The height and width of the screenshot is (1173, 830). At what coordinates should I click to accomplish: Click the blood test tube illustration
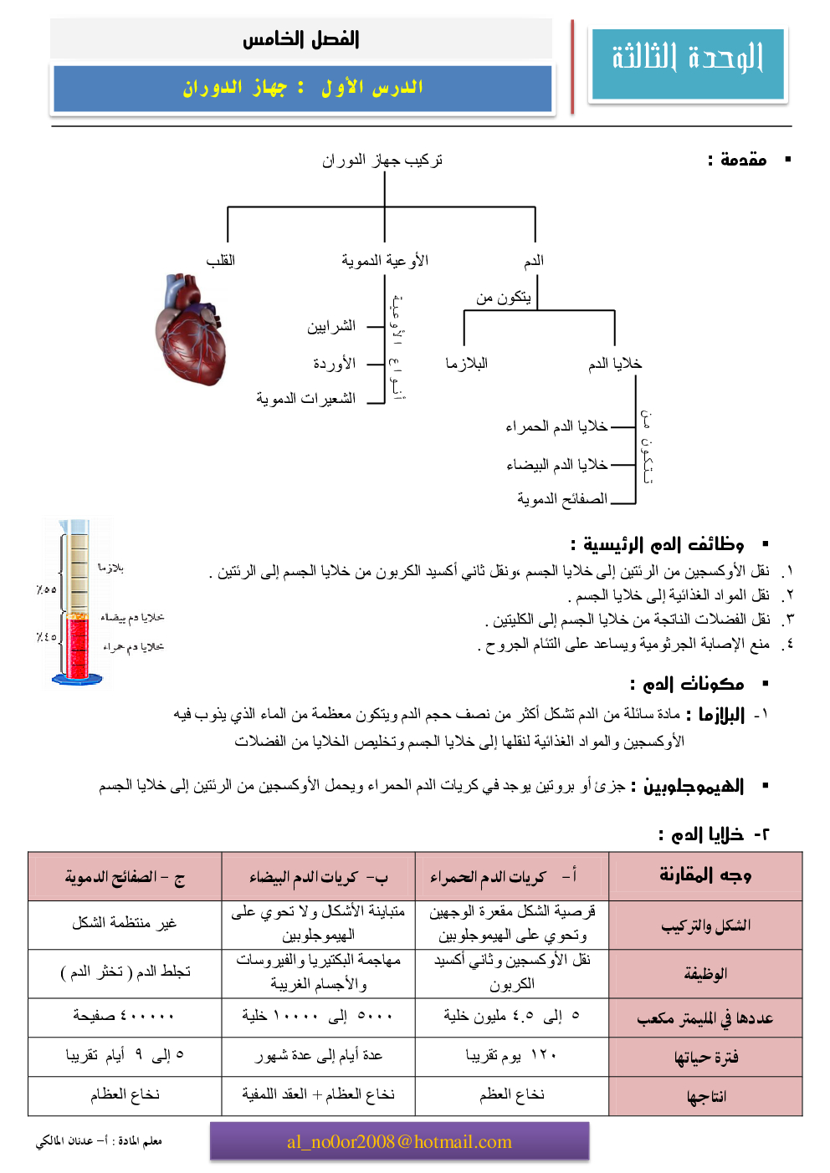(78, 602)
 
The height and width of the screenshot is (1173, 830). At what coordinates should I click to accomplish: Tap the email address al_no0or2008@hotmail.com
(399, 1142)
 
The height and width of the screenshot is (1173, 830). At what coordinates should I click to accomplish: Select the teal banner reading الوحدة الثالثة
(688, 64)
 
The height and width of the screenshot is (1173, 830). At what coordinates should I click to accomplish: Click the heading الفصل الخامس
(301, 38)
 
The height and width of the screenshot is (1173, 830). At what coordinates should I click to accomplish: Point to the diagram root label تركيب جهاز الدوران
(382, 160)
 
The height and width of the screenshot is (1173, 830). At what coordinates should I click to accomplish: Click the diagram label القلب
(221, 261)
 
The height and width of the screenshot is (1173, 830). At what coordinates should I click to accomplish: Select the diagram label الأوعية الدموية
(385, 261)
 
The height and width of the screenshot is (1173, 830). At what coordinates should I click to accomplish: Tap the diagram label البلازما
(467, 364)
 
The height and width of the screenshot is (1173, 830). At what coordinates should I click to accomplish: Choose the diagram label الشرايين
(331, 326)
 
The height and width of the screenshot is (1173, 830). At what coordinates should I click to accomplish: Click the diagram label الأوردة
(335, 364)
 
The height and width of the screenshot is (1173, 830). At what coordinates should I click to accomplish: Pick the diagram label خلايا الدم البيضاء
(557, 465)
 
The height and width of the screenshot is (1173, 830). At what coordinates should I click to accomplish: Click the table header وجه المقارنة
(705, 875)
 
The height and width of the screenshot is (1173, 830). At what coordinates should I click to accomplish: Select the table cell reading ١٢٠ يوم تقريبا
(511, 1056)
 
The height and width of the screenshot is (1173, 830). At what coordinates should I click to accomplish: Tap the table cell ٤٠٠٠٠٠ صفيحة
(124, 1016)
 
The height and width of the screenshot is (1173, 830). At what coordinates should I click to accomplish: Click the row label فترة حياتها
(706, 1058)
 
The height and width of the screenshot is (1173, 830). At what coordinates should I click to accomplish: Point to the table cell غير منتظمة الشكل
(124, 923)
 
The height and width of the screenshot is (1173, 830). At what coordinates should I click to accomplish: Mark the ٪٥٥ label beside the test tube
(47, 589)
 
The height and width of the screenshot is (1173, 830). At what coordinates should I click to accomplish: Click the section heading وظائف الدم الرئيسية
(658, 545)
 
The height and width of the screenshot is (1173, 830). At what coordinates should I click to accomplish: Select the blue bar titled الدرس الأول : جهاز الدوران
(303, 88)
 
